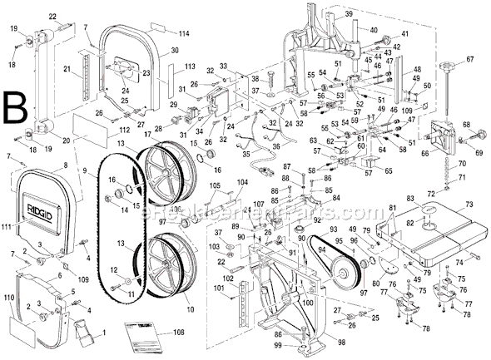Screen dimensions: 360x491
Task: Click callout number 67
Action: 470,59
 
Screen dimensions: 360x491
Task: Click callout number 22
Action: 53,17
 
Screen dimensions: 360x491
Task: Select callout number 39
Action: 349,16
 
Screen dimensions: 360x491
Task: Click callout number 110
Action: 10,298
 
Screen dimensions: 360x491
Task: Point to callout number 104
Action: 242,182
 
